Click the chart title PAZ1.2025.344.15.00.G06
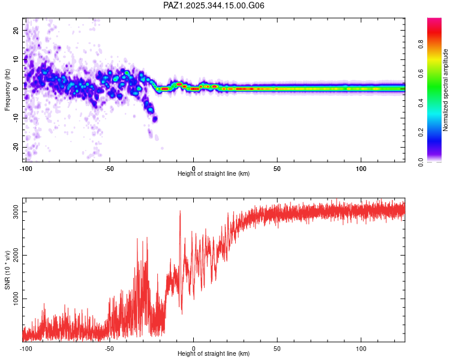[x=214, y=5]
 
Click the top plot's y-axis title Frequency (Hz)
[x=7, y=91]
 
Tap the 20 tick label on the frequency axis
[x=16, y=30]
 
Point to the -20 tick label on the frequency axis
[x=15, y=147]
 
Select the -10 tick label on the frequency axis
[x=15, y=118]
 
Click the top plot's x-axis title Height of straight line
[x=214, y=173]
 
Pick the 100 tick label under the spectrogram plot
[x=361, y=168]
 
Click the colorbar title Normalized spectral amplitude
[x=446, y=90]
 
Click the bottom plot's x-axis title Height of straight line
[x=214, y=353]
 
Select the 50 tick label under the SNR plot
[x=277, y=348]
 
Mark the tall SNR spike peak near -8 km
[x=179, y=211]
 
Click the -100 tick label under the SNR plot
[x=25, y=348]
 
